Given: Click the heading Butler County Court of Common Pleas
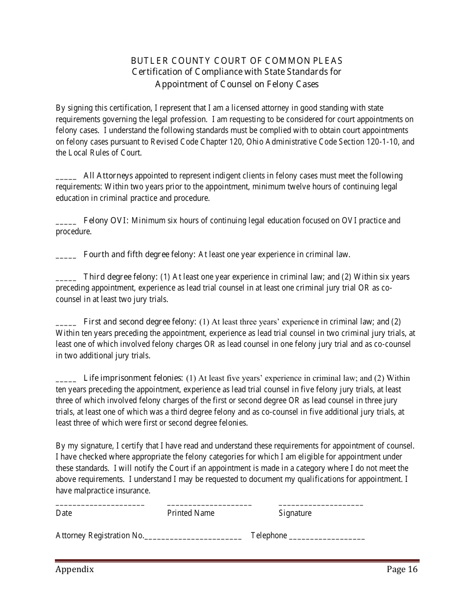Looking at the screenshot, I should (x=237, y=61).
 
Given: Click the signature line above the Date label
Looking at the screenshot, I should (x=100, y=505).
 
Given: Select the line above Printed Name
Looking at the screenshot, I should (x=210, y=505).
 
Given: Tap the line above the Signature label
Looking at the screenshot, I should (x=321, y=505).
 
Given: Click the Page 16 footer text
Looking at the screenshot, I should (x=402, y=570).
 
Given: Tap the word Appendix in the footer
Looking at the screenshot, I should (x=75, y=570).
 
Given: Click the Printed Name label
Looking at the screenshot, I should (x=191, y=513).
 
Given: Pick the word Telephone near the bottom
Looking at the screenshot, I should (x=269, y=535).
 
